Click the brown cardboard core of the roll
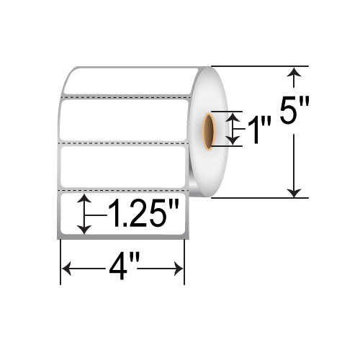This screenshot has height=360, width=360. click(209, 130)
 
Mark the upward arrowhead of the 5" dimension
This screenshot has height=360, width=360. click(294, 72)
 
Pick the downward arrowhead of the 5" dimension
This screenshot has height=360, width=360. click(294, 192)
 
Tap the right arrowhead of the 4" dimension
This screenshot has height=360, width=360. click(179, 269)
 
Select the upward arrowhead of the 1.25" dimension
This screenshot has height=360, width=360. click(85, 199)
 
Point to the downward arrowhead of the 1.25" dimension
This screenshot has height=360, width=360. click(85, 228)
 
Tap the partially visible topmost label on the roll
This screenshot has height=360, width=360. click(130, 81)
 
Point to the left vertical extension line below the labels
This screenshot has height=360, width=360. click(60, 259)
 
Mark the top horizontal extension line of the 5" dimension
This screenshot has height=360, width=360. click(259, 66)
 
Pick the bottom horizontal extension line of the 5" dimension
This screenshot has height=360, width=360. click(259, 197)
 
